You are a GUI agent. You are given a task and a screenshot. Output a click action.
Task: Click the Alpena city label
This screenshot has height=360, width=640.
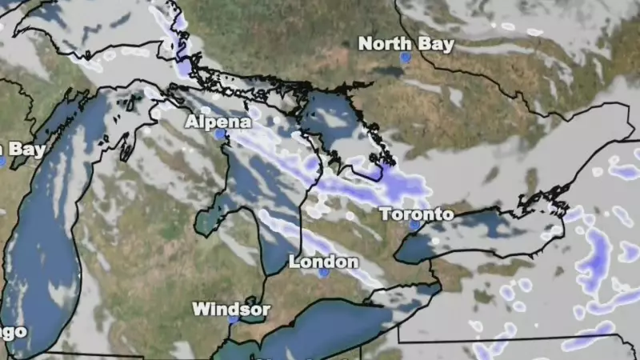[218, 122]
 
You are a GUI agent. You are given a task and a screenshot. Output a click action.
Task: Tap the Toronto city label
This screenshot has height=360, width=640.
[416, 214]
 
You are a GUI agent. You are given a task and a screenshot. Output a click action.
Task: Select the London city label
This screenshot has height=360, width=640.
[323, 262]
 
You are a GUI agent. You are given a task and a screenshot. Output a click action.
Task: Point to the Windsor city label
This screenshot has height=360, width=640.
[231, 308]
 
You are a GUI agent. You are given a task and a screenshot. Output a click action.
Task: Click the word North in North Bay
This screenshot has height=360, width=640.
[380, 44]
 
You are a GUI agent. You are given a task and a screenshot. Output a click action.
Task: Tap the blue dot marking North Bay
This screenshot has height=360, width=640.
[406, 58]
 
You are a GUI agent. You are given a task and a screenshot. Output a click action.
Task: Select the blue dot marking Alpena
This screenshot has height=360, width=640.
[219, 135]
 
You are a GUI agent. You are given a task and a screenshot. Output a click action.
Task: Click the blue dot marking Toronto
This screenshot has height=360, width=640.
[414, 226]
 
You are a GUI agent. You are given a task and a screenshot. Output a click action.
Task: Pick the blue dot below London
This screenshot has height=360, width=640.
[323, 273]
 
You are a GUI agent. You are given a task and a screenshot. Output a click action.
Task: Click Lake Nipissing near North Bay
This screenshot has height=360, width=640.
[392, 72]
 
